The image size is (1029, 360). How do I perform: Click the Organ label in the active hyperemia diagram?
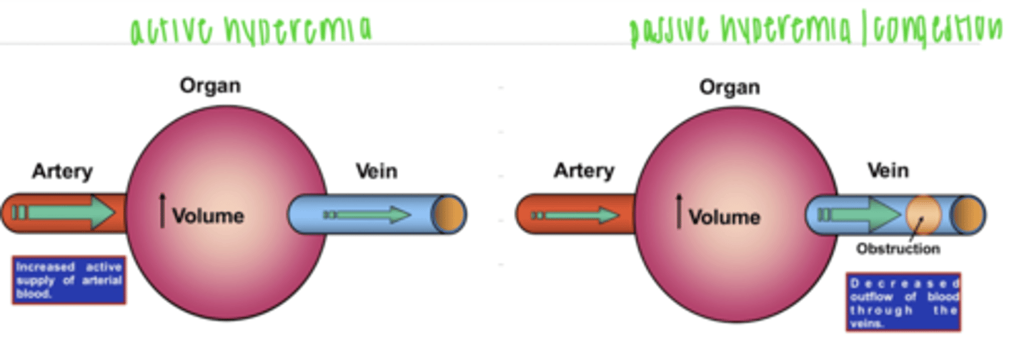(210, 86)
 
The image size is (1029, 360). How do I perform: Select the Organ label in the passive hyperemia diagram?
(730, 88)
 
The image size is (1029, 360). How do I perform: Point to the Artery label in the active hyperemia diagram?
(62, 171)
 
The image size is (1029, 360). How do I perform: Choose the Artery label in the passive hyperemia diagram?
(584, 171)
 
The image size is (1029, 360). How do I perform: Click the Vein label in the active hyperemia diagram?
(377, 171)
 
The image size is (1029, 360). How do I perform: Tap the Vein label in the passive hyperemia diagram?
(888, 171)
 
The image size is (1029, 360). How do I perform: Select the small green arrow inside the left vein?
(368, 214)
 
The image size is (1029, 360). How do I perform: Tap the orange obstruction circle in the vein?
(923, 215)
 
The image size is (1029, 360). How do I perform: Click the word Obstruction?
(898, 249)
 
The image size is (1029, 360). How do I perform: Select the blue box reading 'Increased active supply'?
(69, 280)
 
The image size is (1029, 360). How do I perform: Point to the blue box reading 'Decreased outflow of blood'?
(903, 301)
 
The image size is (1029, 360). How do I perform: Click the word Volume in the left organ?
(208, 216)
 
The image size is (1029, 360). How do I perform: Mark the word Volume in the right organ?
(725, 216)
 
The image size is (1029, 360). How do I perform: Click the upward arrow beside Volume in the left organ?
(162, 212)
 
